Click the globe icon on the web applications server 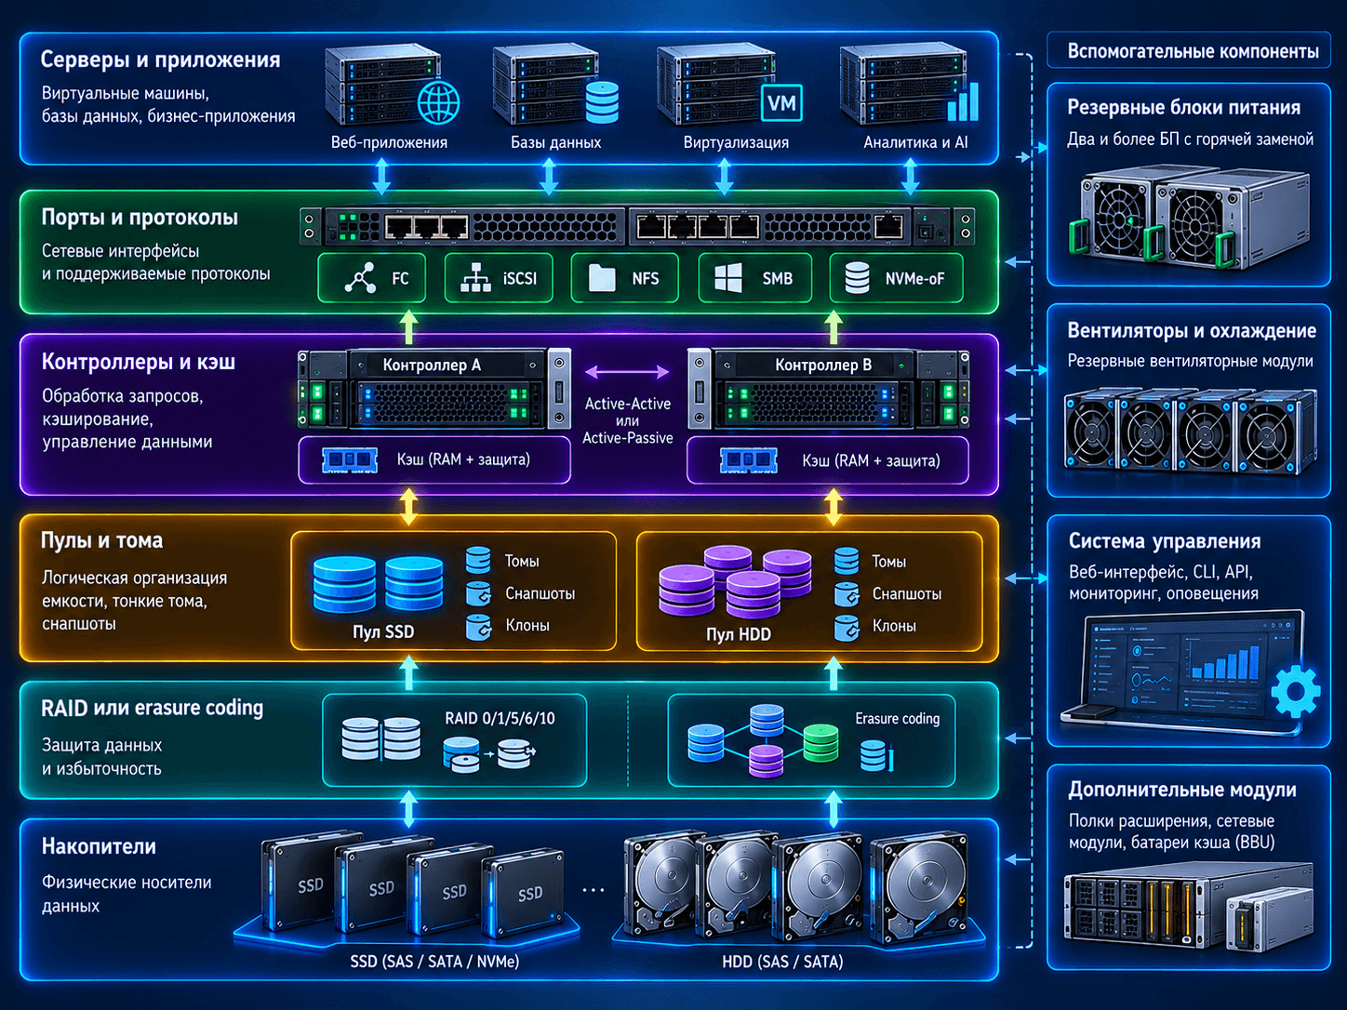pyautogui.click(x=439, y=101)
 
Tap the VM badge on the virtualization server pyautogui.click(x=781, y=102)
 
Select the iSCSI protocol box pyautogui.click(x=499, y=278)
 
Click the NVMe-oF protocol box pyautogui.click(x=896, y=278)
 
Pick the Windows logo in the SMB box pyautogui.click(x=728, y=278)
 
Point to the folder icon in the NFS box pyautogui.click(x=602, y=278)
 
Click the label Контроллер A pyautogui.click(x=432, y=365)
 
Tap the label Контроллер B pyautogui.click(x=823, y=365)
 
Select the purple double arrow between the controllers pyautogui.click(x=627, y=371)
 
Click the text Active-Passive pyautogui.click(x=627, y=438)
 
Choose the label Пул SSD pyautogui.click(x=383, y=631)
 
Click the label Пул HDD pyautogui.click(x=739, y=634)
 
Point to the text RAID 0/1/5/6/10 pyautogui.click(x=500, y=718)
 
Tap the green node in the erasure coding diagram pyautogui.click(x=820, y=744)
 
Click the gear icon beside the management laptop pyautogui.click(x=1296, y=691)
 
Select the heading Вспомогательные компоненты pyautogui.click(x=1193, y=51)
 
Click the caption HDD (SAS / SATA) pyautogui.click(x=782, y=962)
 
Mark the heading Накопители pyautogui.click(x=99, y=846)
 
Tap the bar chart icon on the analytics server pyautogui.click(x=963, y=101)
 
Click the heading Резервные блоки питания pyautogui.click(x=1184, y=107)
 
